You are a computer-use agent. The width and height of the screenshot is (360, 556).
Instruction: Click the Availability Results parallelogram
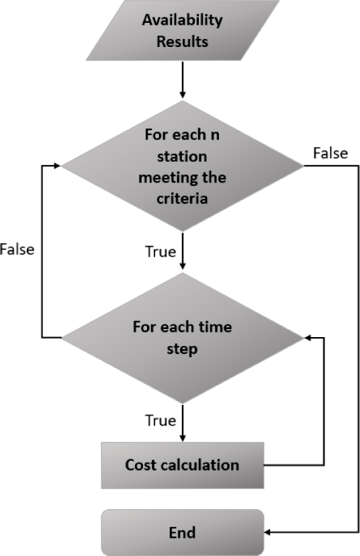pos(182,30)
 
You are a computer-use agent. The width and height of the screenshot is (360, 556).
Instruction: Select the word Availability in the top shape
pos(182,20)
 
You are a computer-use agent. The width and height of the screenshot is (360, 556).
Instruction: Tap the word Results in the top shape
pos(182,42)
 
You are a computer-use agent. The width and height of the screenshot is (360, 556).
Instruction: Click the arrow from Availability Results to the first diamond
pos(182,80)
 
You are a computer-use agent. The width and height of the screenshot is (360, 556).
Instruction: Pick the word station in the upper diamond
pos(182,156)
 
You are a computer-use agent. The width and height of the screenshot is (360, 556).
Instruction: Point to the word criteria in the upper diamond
pos(182,198)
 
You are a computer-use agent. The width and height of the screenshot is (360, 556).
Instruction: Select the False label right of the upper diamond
pos(330,153)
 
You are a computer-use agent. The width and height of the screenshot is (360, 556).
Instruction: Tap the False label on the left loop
pos(17,249)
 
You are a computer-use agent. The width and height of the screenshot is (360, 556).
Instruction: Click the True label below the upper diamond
pos(161,251)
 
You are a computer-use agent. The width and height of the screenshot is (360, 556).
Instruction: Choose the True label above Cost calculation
pos(161,420)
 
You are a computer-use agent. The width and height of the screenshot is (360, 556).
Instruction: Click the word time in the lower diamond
pos(216,326)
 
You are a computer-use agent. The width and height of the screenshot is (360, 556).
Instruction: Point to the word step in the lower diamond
pos(182,349)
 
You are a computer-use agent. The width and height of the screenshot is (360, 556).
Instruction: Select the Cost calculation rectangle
pos(182,465)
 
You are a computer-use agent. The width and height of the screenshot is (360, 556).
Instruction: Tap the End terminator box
pos(182,532)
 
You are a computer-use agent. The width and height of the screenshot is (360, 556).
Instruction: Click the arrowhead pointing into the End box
pos(267,532)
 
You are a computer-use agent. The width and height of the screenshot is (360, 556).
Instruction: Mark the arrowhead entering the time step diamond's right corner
pos(308,338)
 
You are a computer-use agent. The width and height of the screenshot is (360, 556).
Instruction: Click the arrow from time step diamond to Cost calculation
pos(182,422)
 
